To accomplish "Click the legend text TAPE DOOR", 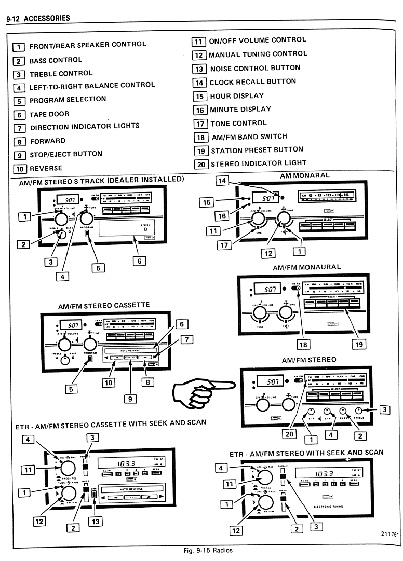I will tap(49, 114).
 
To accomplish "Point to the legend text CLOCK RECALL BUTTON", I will tap(252, 82).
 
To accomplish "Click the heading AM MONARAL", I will tap(304, 176).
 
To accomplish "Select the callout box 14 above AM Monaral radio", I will tap(222, 181).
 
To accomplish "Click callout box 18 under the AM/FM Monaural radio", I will tap(302, 344).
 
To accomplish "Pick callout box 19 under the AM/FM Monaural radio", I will tap(359, 344).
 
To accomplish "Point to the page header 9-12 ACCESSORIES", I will tap(37, 19).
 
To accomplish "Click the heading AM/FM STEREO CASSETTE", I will tap(103, 305).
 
